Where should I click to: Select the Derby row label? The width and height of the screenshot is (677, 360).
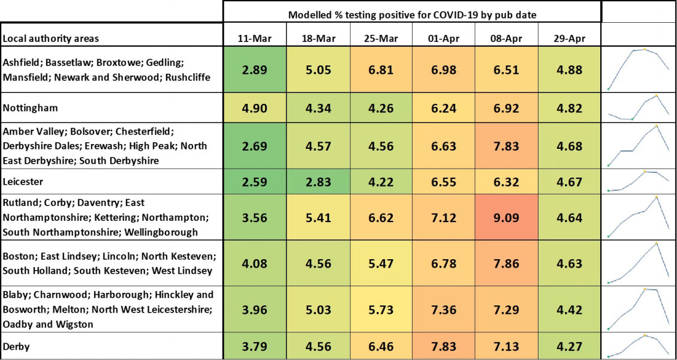click(17, 346)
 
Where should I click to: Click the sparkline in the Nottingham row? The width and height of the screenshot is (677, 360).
click(639, 109)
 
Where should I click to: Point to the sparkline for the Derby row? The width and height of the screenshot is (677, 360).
click(639, 346)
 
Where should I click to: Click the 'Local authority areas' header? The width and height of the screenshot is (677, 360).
click(51, 38)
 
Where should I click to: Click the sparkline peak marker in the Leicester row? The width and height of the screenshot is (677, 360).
click(645, 172)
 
